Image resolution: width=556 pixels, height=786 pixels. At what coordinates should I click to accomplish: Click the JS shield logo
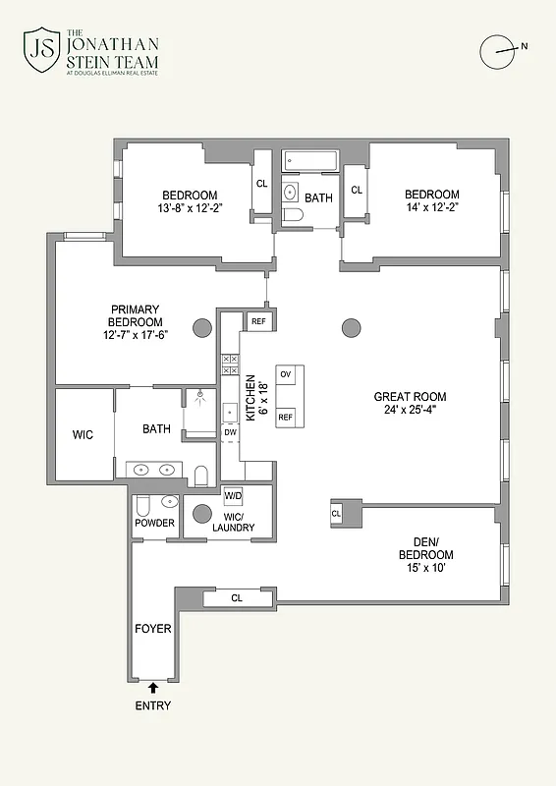tap(41, 51)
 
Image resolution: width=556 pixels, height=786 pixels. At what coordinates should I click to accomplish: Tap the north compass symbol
tap(501, 49)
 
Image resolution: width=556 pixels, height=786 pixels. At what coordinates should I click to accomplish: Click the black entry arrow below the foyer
tap(153, 688)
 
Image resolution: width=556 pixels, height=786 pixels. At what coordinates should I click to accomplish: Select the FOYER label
tap(152, 628)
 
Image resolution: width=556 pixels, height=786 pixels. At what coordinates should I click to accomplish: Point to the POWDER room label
tap(154, 523)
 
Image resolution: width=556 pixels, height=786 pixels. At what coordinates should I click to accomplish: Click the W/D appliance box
tap(234, 495)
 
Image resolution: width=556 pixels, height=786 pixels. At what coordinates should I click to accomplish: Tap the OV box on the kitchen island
tap(286, 375)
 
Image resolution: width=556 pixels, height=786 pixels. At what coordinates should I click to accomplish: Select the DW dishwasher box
tap(230, 432)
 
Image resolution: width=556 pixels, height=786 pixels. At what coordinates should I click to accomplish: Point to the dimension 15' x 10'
tap(426, 569)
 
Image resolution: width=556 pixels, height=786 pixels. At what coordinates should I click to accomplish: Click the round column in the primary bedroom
tap(201, 327)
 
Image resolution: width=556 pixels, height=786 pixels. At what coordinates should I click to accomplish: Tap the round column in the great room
tap(351, 327)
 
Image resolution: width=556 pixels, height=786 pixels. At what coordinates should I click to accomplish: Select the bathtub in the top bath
tap(309, 160)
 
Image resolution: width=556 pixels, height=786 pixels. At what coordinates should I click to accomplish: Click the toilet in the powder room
tap(142, 506)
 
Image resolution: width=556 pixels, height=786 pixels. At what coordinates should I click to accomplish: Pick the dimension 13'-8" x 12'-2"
tap(190, 208)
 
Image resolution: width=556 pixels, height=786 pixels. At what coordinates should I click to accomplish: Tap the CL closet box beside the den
tap(335, 513)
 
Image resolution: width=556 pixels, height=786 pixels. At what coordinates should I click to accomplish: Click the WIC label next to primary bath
tap(83, 433)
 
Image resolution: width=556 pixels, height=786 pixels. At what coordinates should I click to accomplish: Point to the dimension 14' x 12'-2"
tap(431, 208)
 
